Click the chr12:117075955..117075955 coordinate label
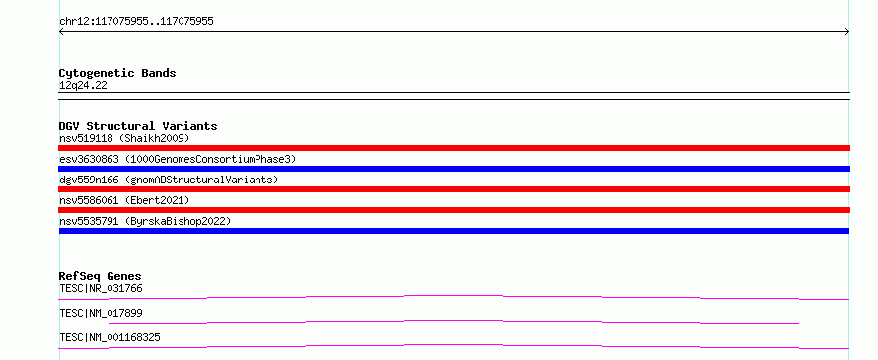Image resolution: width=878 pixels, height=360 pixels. tap(136, 22)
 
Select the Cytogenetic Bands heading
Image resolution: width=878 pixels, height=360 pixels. tap(117, 73)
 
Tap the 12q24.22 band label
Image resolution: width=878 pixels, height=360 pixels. tap(83, 86)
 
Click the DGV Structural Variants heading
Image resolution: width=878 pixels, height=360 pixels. tap(138, 126)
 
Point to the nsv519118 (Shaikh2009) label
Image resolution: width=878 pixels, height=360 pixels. tap(124, 138)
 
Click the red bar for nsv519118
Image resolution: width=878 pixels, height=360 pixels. tap(454, 148)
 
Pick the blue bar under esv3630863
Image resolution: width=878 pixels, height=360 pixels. tap(454, 169)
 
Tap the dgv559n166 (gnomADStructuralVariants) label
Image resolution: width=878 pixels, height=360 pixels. tap(169, 180)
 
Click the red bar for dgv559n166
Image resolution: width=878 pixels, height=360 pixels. tap(454, 189)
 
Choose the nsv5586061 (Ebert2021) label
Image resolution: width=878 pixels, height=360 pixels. tap(124, 200)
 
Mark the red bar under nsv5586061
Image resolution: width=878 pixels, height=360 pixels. tap(454, 210)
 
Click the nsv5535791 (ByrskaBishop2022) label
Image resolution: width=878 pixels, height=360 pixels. tap(145, 222)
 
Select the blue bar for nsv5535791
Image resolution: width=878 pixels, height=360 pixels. tap(454, 231)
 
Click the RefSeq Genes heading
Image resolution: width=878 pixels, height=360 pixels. tap(101, 276)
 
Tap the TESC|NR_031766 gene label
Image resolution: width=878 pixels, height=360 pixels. tap(101, 289)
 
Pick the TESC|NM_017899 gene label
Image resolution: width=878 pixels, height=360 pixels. tap(101, 314)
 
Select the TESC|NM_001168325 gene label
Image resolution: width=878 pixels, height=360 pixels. tap(110, 338)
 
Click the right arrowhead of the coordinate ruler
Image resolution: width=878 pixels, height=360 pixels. tap(848, 32)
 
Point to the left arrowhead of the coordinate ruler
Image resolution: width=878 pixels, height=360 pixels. tap(60, 32)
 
